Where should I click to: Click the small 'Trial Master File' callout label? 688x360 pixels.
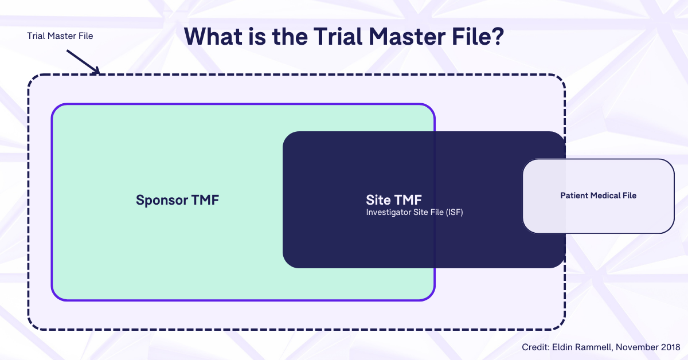tap(60, 36)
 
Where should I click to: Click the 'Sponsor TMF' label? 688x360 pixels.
tap(178, 200)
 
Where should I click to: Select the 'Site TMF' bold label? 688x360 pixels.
tap(394, 200)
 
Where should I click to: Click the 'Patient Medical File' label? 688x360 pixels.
tap(598, 195)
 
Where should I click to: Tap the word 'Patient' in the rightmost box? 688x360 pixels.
tap(574, 195)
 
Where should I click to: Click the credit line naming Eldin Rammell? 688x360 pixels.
tap(601, 347)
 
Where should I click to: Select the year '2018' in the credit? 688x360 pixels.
tap(670, 347)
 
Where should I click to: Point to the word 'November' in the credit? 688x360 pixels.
tap(638, 347)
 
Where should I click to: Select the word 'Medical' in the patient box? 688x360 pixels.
tap(604, 195)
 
